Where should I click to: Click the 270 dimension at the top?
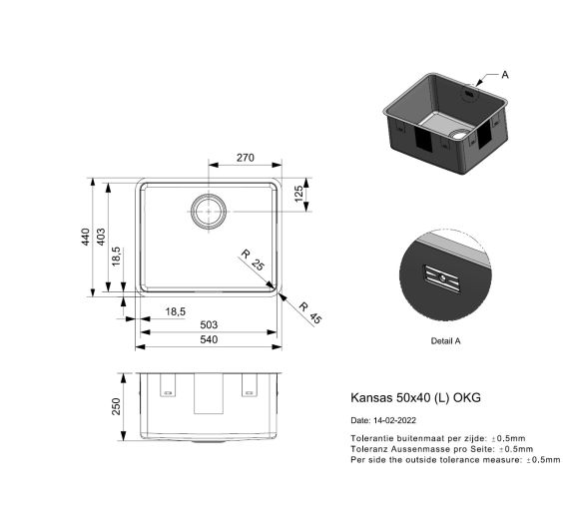[246, 157]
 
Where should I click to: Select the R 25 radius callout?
[253, 263]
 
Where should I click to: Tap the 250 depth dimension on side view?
[116, 406]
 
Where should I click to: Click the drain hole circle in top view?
[209, 211]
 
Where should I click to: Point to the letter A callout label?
[504, 75]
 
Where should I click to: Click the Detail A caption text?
[444, 341]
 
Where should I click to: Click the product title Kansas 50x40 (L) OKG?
[415, 397]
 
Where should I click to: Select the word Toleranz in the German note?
[370, 449]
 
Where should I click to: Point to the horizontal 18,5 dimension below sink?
[175, 311]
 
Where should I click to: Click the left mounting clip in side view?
[168, 384]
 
